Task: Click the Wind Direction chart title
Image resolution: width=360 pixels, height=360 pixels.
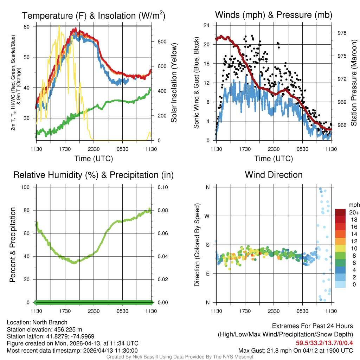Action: point(274,175)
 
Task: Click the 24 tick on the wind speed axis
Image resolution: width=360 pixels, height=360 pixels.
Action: point(207,25)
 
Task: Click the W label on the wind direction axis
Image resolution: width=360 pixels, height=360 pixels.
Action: point(208,216)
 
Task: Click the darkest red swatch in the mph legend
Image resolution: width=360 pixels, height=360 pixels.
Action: point(340,212)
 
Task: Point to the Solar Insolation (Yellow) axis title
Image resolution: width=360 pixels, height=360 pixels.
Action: point(174,83)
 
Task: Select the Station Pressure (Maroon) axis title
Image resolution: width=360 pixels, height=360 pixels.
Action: point(354,83)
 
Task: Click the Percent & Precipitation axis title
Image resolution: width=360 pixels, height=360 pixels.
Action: point(12,245)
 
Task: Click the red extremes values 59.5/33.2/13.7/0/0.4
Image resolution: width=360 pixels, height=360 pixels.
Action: point(324,342)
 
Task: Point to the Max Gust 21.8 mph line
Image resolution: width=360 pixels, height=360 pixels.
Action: point(295,350)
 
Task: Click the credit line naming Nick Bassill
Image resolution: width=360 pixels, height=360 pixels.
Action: point(180,357)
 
